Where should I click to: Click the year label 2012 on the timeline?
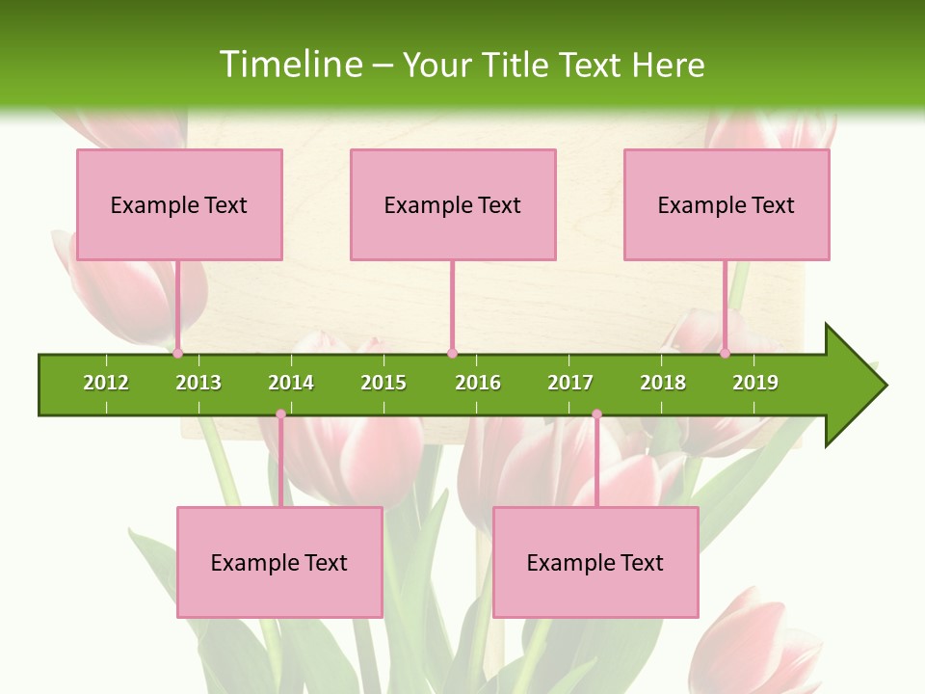(x=106, y=383)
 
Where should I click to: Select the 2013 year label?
(x=198, y=383)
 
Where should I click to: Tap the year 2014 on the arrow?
(x=291, y=383)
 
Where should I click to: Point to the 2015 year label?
(x=383, y=383)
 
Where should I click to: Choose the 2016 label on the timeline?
(x=478, y=383)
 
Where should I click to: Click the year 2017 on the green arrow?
(x=570, y=383)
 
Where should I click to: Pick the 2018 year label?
(x=663, y=383)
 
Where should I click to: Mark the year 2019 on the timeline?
(x=755, y=383)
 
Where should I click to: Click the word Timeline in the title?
(x=290, y=65)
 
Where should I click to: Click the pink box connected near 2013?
(x=179, y=204)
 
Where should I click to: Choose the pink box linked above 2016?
(x=453, y=204)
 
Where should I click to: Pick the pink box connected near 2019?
(x=727, y=204)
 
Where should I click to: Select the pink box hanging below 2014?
(x=279, y=562)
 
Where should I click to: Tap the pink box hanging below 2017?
(x=595, y=562)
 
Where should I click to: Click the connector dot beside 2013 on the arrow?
(x=178, y=353)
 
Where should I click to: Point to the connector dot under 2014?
(x=280, y=414)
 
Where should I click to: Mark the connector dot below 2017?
(x=596, y=414)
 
